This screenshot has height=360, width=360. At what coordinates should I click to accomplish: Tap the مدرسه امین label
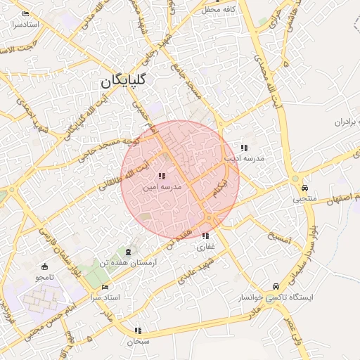(162, 188)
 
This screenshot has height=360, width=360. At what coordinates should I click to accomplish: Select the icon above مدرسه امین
(162, 176)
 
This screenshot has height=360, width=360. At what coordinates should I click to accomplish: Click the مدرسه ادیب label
(244, 159)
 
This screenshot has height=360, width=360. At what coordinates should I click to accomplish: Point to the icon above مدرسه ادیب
(244, 148)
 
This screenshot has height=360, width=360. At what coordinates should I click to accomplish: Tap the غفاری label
(205, 247)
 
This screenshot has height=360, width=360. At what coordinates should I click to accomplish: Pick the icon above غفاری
(205, 236)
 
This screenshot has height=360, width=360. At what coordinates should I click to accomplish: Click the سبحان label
(139, 342)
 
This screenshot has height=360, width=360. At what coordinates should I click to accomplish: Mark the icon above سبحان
(139, 330)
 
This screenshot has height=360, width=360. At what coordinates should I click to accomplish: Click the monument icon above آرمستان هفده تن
(127, 252)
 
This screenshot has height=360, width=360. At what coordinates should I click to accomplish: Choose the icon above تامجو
(46, 266)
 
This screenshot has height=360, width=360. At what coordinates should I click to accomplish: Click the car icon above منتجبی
(304, 188)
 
